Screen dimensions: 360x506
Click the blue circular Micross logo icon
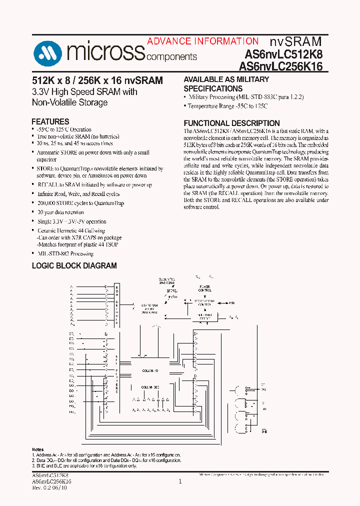click(x=47, y=52)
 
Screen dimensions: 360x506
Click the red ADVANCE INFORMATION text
click(x=202, y=41)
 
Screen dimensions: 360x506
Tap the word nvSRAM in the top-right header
click(x=296, y=41)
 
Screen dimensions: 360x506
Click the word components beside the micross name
click(x=171, y=57)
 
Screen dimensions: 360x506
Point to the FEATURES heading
click(x=50, y=121)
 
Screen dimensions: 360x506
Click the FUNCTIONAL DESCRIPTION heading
click(x=231, y=123)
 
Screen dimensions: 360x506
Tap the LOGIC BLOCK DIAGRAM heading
click(x=74, y=265)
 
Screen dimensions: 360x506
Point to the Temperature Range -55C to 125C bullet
click(x=227, y=106)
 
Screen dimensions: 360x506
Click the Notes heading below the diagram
click(x=37, y=449)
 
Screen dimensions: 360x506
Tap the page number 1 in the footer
click(x=180, y=481)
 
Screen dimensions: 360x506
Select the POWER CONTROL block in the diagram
click(x=205, y=288)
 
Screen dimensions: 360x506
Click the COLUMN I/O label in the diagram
click(x=149, y=370)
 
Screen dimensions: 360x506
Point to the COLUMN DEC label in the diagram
click(x=149, y=387)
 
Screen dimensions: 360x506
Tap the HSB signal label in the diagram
click(x=232, y=302)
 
